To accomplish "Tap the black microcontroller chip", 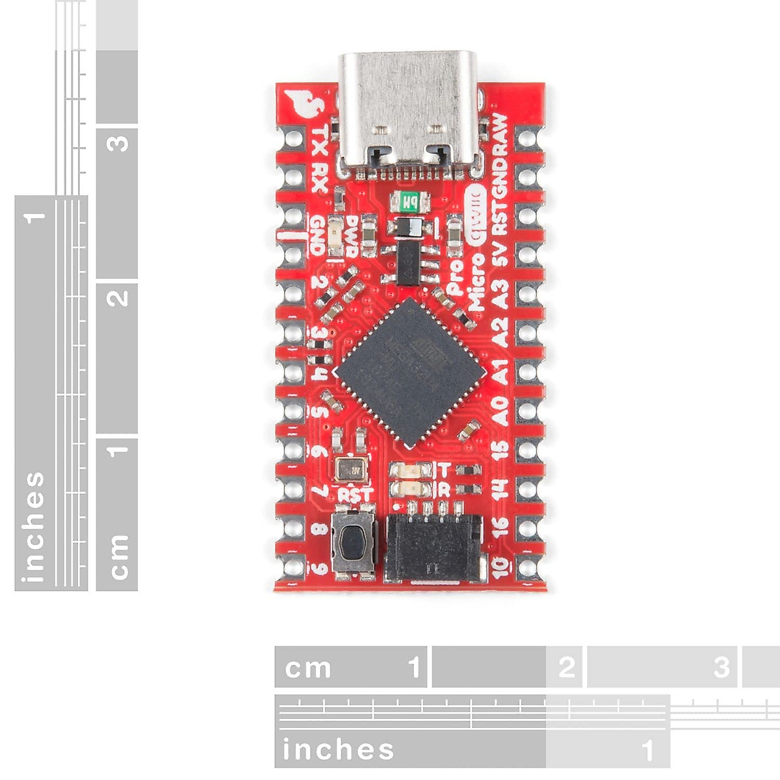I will click(x=410, y=372).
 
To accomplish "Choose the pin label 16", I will click(x=500, y=526).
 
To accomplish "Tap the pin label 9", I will click(x=319, y=568).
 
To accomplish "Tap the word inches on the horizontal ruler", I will click(x=338, y=749).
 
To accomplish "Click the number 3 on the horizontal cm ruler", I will click(x=721, y=668).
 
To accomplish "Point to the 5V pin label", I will click(x=500, y=255).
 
